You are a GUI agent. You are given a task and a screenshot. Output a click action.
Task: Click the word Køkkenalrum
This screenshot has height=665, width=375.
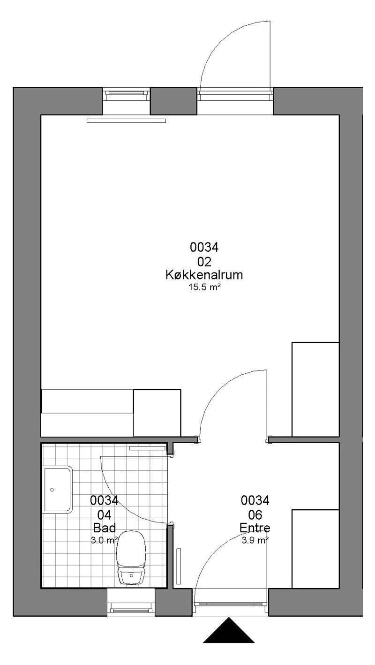[x=204, y=275]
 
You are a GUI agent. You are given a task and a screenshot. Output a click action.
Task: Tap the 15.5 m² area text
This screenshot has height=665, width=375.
[x=204, y=287]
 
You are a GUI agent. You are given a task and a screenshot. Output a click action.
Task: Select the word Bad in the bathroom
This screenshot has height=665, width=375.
[x=104, y=528]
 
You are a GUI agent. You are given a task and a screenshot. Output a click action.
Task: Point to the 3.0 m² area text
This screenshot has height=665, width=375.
[x=104, y=540]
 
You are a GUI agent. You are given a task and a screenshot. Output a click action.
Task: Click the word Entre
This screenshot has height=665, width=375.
[x=255, y=528]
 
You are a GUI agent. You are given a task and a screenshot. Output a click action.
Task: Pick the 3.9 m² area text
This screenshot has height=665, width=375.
[x=255, y=540]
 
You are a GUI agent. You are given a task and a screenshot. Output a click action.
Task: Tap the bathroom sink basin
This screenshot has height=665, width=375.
[x=58, y=490]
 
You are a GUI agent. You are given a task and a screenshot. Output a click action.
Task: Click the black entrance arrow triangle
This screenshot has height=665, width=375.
[x=229, y=629]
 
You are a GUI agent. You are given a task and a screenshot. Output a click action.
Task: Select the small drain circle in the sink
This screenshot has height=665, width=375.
[x=52, y=490]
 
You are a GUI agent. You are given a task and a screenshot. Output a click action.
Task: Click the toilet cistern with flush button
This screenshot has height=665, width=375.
[x=131, y=576]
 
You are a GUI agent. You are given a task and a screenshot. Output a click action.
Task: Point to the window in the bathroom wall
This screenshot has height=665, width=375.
[x=131, y=602]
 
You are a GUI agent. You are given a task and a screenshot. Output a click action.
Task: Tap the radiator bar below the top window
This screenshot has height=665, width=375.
[x=127, y=121]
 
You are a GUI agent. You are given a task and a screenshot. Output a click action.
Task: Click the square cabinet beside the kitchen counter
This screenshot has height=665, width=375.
[x=157, y=413]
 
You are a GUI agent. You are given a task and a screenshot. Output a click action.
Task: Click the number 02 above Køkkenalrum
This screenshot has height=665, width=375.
[x=204, y=262]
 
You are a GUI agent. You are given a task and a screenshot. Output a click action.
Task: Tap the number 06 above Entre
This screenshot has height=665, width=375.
[x=255, y=515]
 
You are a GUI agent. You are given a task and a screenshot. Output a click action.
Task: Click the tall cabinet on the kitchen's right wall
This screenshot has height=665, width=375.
[x=315, y=389]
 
